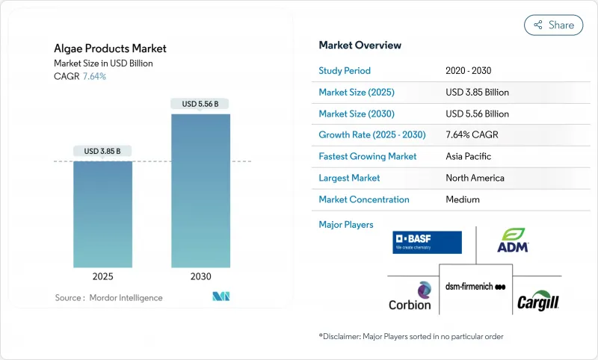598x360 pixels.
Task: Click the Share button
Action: (x=555, y=25)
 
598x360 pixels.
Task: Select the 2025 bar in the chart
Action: (x=102, y=214)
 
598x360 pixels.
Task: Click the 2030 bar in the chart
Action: (x=200, y=190)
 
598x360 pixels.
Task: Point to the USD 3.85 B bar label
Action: (x=102, y=151)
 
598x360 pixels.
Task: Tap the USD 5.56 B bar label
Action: (x=200, y=104)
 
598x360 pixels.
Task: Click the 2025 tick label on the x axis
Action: (x=102, y=276)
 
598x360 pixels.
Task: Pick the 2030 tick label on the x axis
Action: (x=200, y=276)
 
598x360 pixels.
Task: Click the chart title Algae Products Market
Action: (x=110, y=49)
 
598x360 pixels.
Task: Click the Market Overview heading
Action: (x=360, y=45)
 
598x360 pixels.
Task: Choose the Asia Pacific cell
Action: (x=469, y=157)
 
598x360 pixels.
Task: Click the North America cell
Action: (x=475, y=178)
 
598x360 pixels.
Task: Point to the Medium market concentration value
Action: (x=463, y=199)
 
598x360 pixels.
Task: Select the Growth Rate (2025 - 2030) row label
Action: (x=372, y=135)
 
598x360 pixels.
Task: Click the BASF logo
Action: (x=427, y=242)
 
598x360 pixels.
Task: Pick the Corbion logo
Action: (x=410, y=297)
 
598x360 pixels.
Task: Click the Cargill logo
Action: (x=538, y=302)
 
